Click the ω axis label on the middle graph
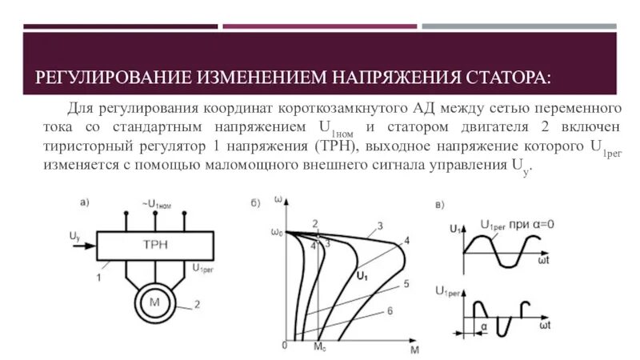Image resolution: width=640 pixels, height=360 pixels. [x=278, y=198]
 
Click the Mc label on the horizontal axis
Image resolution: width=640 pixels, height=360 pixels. [x=319, y=349]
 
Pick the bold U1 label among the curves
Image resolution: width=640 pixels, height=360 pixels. [x=362, y=276]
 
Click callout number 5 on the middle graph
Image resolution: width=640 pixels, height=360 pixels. [x=406, y=283]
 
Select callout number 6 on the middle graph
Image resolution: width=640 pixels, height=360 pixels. [x=390, y=310]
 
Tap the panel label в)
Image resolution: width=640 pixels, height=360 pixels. [x=441, y=206]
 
